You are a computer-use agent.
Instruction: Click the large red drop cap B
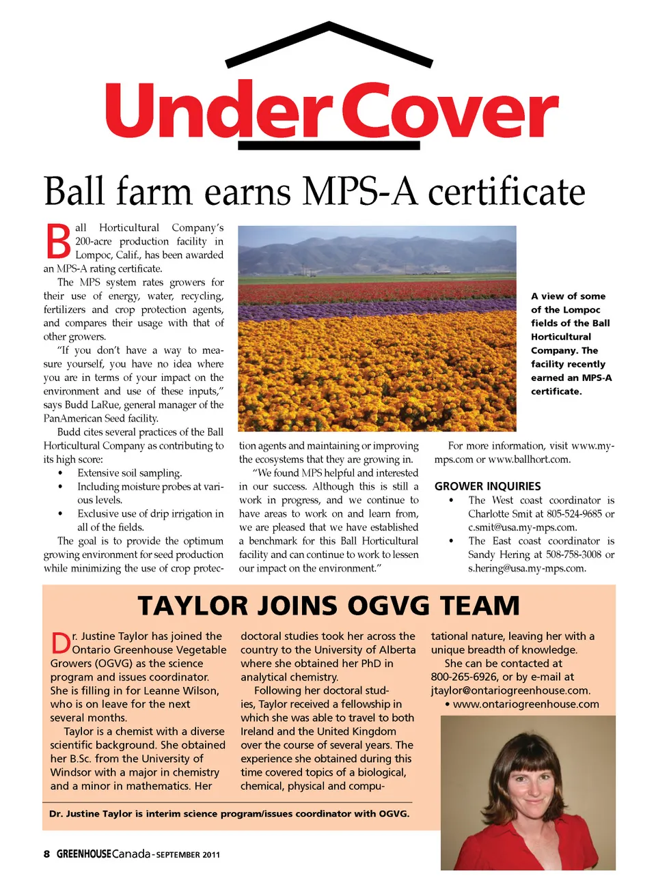[x=58, y=242]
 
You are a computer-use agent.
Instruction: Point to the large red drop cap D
[x=60, y=643]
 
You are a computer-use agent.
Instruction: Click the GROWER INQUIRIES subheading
[x=487, y=486]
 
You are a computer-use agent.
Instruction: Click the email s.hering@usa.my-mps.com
[x=526, y=568]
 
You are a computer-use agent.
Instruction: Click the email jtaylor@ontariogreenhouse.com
[x=510, y=690]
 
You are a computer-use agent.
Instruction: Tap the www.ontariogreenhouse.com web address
[x=525, y=704]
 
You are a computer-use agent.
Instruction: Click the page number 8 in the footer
[x=46, y=854]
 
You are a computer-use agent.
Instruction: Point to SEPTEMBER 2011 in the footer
[x=188, y=855]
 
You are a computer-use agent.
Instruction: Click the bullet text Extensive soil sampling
[x=129, y=473]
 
